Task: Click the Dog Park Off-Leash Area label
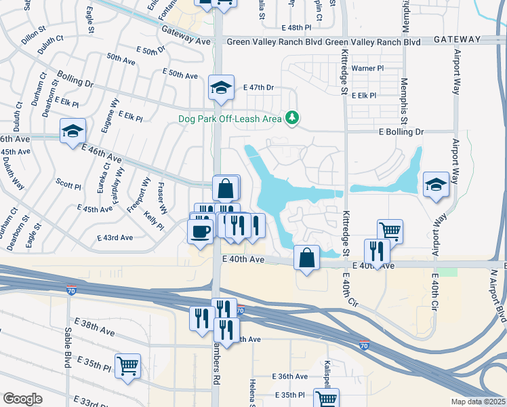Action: point(230,119)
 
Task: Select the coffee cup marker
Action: point(200,231)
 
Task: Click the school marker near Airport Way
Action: point(435,184)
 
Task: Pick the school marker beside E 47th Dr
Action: point(221,88)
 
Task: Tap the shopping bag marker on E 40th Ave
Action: point(307,258)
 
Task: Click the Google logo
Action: point(22,398)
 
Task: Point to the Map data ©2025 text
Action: point(477,402)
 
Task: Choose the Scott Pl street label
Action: point(68,185)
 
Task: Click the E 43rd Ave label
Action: point(115,238)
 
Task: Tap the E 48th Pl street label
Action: point(296,27)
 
